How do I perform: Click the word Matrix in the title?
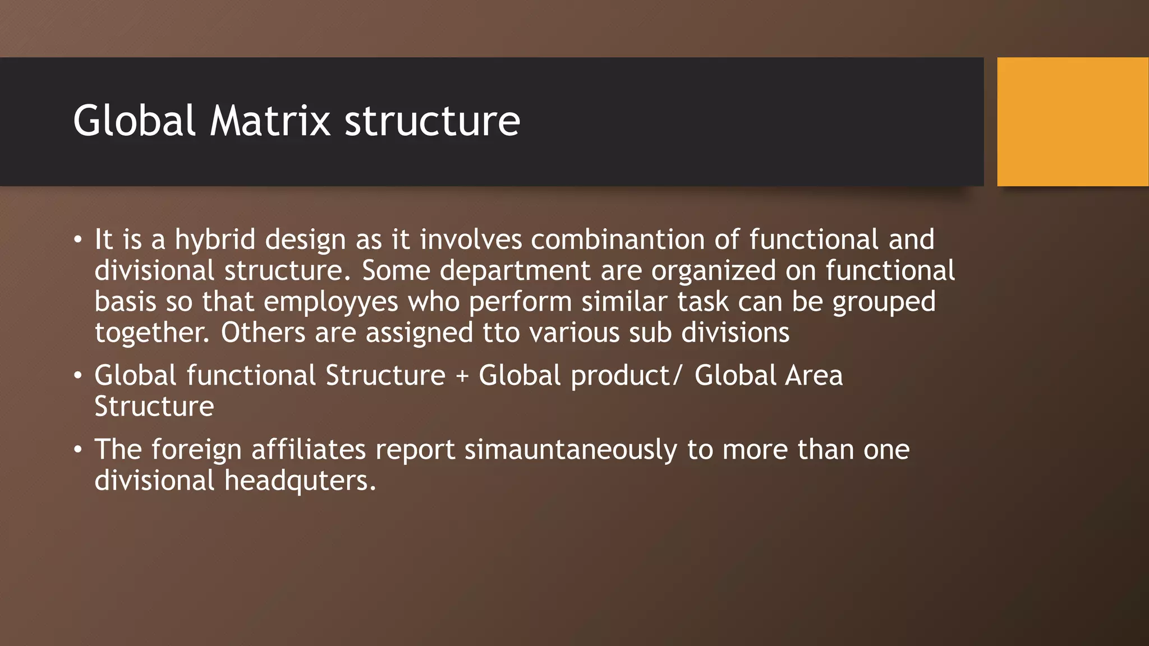[270, 121]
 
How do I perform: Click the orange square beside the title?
[1072, 122]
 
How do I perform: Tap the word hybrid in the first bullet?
[215, 240]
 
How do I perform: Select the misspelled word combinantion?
[618, 239]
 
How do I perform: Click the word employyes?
[331, 302]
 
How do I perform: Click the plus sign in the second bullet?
[462, 376]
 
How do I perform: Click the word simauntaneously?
[571, 450]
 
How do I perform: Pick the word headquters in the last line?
[300, 481]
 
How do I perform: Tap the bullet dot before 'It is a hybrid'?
[78, 241]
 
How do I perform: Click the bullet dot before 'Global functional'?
[78, 376]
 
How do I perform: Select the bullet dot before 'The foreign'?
[78, 450]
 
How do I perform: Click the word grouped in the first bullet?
[884, 303]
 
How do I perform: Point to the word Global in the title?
[134, 121]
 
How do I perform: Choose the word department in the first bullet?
[515, 271]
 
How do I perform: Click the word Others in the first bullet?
[263, 333]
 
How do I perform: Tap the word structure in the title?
[432, 121]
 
